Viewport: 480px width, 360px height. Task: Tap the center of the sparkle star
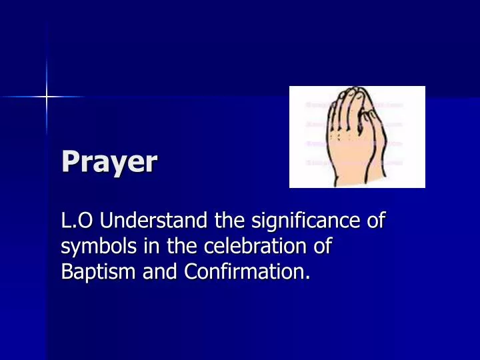click(x=47, y=97)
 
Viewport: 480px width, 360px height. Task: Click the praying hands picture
click(x=357, y=137)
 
